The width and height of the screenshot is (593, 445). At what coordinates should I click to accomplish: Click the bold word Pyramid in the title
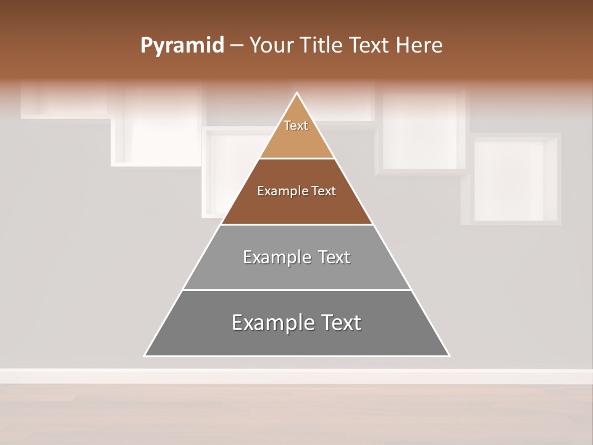(x=182, y=46)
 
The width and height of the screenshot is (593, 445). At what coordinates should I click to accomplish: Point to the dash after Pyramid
(x=236, y=46)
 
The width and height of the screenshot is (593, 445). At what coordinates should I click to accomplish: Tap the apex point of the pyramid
(x=297, y=93)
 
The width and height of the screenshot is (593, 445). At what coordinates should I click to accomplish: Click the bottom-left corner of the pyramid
(x=145, y=355)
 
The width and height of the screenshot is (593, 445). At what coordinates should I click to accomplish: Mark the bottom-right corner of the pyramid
(x=448, y=355)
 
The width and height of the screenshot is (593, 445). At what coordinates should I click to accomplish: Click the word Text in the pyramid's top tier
(x=296, y=125)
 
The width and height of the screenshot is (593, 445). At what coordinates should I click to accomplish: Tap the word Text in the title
(x=370, y=45)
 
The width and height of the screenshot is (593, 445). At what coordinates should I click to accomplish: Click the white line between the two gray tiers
(x=296, y=290)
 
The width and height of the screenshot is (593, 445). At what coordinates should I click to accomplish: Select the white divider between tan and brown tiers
(x=296, y=158)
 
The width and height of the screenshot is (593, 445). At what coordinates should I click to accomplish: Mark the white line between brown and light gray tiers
(x=296, y=224)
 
